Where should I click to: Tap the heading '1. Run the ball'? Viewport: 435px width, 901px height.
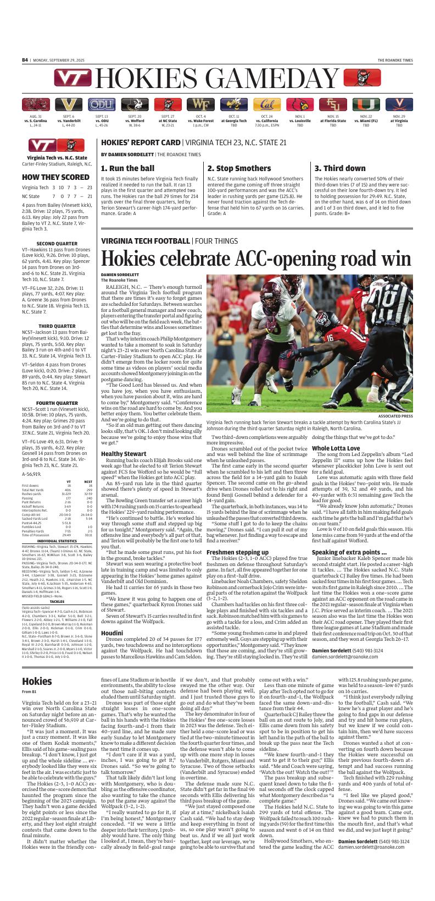tap(128, 168)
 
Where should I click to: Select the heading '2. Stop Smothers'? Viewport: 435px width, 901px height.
tap(239, 168)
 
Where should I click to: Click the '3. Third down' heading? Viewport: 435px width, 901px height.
tap(340, 168)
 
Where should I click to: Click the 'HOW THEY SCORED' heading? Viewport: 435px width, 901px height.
tap(48, 178)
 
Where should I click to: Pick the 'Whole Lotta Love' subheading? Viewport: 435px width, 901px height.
tap(336, 448)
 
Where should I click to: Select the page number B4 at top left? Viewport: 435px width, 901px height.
tap(25, 60)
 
